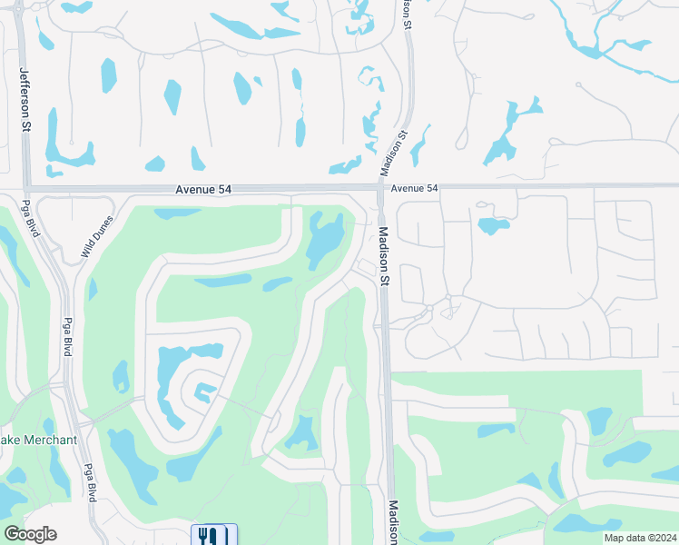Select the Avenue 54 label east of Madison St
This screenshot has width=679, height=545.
tap(415, 188)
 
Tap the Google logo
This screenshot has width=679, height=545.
tap(30, 534)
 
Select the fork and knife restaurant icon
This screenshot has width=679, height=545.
tap(213, 536)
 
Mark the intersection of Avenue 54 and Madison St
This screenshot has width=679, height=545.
tap(379, 188)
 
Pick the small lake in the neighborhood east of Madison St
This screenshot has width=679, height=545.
tap(492, 225)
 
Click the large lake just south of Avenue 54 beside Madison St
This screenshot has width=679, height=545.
tap(325, 239)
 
